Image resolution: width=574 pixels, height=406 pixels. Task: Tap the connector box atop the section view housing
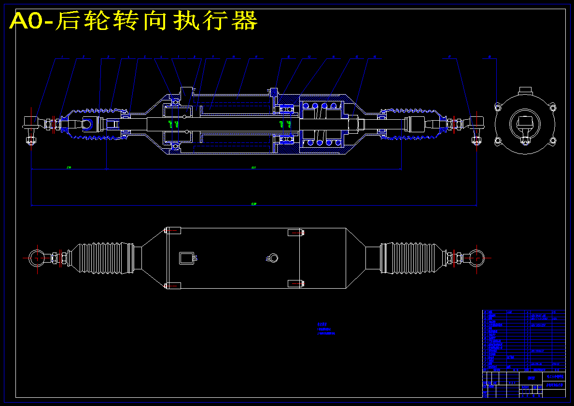tap(186, 92)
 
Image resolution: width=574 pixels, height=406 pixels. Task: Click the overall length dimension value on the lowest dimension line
tap(254, 204)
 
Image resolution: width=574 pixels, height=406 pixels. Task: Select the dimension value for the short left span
tap(69, 168)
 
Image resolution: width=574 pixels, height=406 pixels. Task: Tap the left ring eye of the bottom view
tap(36, 257)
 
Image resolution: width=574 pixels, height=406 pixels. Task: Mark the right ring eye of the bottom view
tap(475, 257)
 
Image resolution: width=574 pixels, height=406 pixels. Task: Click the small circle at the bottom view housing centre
tap(274, 257)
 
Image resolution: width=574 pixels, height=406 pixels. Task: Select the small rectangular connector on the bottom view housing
tap(185, 258)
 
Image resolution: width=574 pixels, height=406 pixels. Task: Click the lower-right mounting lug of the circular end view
tap(552, 140)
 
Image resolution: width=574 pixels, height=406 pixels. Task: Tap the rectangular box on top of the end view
tap(525, 91)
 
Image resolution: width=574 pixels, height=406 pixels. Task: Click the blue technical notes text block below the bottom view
tap(326, 329)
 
